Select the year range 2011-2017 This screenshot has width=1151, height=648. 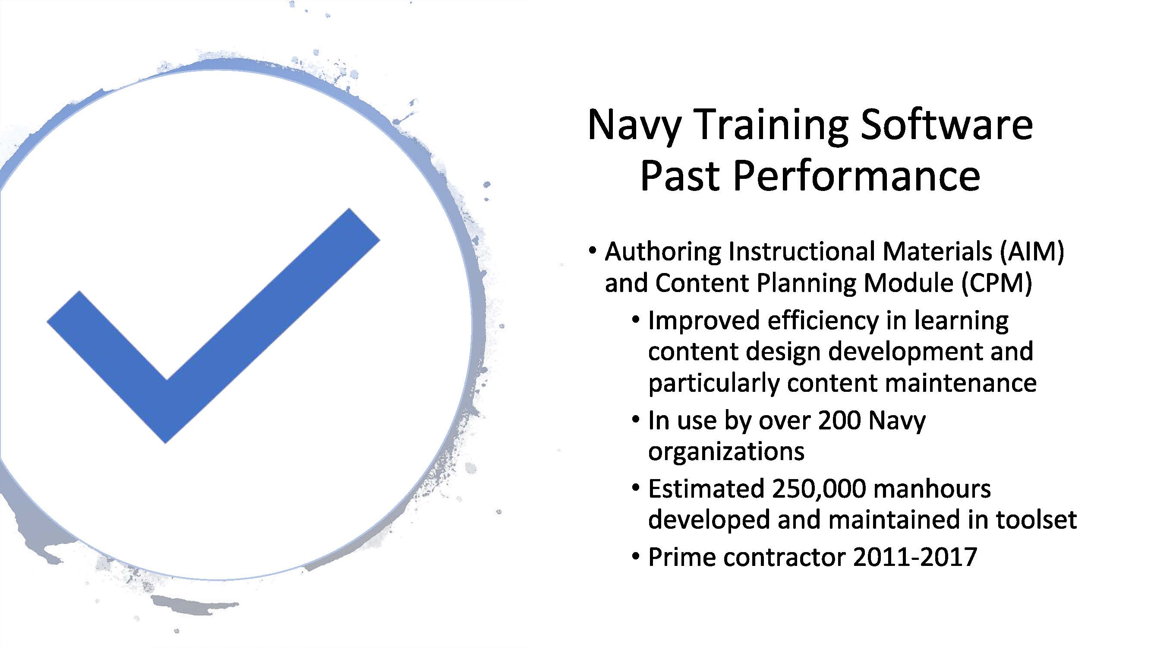point(915,557)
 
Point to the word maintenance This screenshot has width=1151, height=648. point(961,383)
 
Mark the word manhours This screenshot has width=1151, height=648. point(932,489)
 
